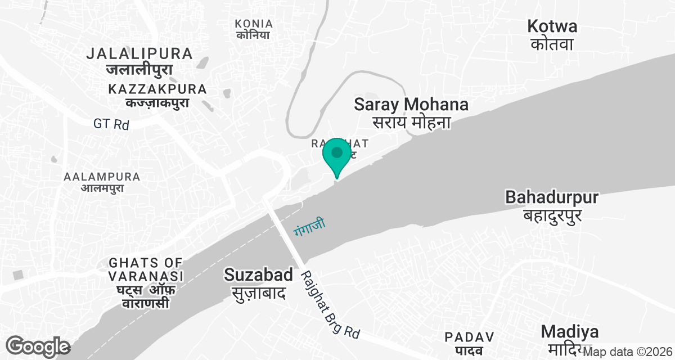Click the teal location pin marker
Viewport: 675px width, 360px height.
337,155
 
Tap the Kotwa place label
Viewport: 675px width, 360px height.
552,26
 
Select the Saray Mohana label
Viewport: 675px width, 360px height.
411,104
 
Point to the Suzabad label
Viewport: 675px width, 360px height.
258,274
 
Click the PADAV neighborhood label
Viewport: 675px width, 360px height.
469,337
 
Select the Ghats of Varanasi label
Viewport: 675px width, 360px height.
146,269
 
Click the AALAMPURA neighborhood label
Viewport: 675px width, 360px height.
102,177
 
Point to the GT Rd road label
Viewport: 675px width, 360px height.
111,124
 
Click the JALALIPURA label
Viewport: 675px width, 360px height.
140,54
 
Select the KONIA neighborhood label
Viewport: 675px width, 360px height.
254,24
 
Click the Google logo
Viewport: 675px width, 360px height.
38,346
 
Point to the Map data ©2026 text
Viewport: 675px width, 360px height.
628,352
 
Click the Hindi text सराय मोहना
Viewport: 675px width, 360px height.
412,122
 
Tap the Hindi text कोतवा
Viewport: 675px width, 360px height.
552,44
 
